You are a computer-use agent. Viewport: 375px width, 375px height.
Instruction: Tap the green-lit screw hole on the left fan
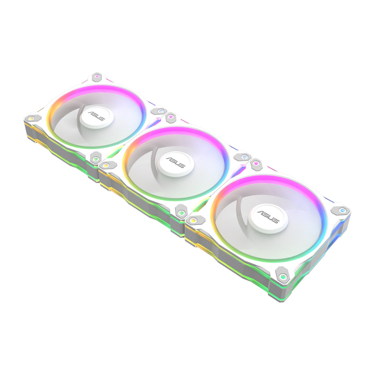point(95,158)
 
